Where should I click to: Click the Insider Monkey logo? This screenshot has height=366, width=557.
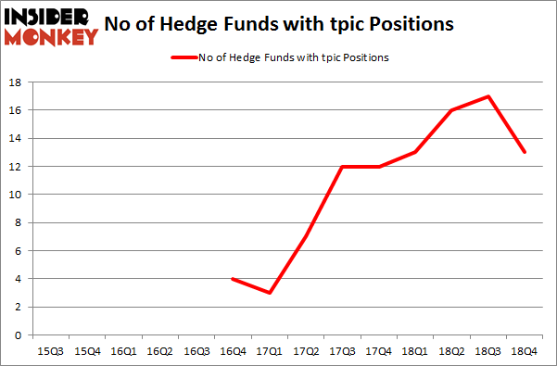click(52, 24)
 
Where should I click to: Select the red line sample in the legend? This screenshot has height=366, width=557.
click(183, 57)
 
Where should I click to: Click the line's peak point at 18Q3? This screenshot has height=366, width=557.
click(488, 96)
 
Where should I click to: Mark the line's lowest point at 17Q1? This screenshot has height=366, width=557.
click(269, 293)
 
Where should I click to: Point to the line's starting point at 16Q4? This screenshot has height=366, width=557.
click(232, 279)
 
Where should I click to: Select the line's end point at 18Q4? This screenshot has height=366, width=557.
click(525, 152)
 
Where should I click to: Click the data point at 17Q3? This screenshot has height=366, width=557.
click(342, 166)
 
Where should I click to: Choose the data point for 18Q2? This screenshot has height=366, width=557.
click(451, 110)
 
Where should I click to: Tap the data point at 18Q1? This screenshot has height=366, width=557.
click(415, 152)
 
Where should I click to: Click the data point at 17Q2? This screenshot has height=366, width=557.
click(305, 236)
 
